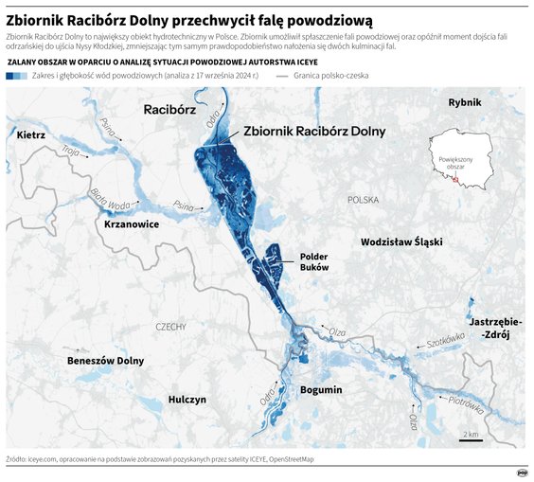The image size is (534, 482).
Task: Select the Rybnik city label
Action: [465, 102]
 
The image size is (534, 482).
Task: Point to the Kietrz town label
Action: [31, 135]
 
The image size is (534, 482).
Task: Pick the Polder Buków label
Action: [313, 262]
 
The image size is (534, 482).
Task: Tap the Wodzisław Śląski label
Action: [401, 242]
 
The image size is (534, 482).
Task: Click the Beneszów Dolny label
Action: [105, 361]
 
